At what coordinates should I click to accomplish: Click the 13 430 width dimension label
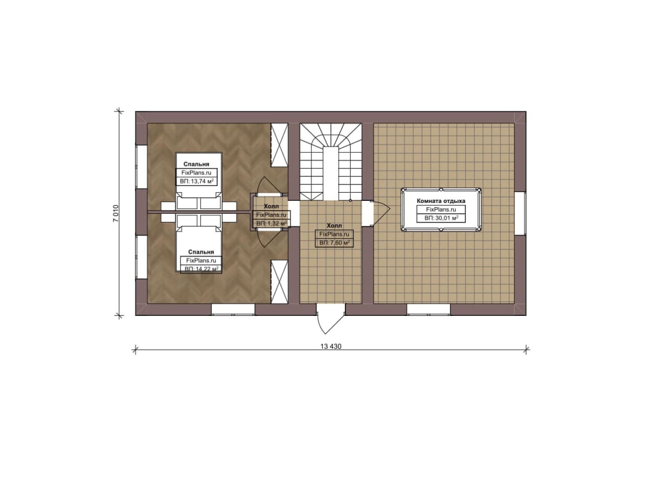coord(331,346)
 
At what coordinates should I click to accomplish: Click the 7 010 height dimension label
coord(116,214)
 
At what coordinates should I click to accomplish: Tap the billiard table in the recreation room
coord(441,210)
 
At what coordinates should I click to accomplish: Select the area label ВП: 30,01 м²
coord(441,218)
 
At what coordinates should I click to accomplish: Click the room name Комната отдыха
coord(441,201)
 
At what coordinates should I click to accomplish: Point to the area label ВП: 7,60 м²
coord(334,243)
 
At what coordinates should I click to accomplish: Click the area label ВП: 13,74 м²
coord(197,181)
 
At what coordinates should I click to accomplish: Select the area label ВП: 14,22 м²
coord(201,269)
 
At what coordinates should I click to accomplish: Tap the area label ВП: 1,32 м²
coord(271,223)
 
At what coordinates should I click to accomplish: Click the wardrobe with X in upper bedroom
coord(279,145)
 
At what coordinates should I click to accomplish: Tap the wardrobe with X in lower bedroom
coord(279,282)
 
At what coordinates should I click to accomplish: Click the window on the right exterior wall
coord(520,213)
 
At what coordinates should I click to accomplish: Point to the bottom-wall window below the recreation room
coord(428,310)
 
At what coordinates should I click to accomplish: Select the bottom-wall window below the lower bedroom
coord(233,310)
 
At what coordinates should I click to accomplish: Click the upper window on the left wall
coord(142,167)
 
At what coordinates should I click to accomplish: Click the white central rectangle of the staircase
coord(331,173)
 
